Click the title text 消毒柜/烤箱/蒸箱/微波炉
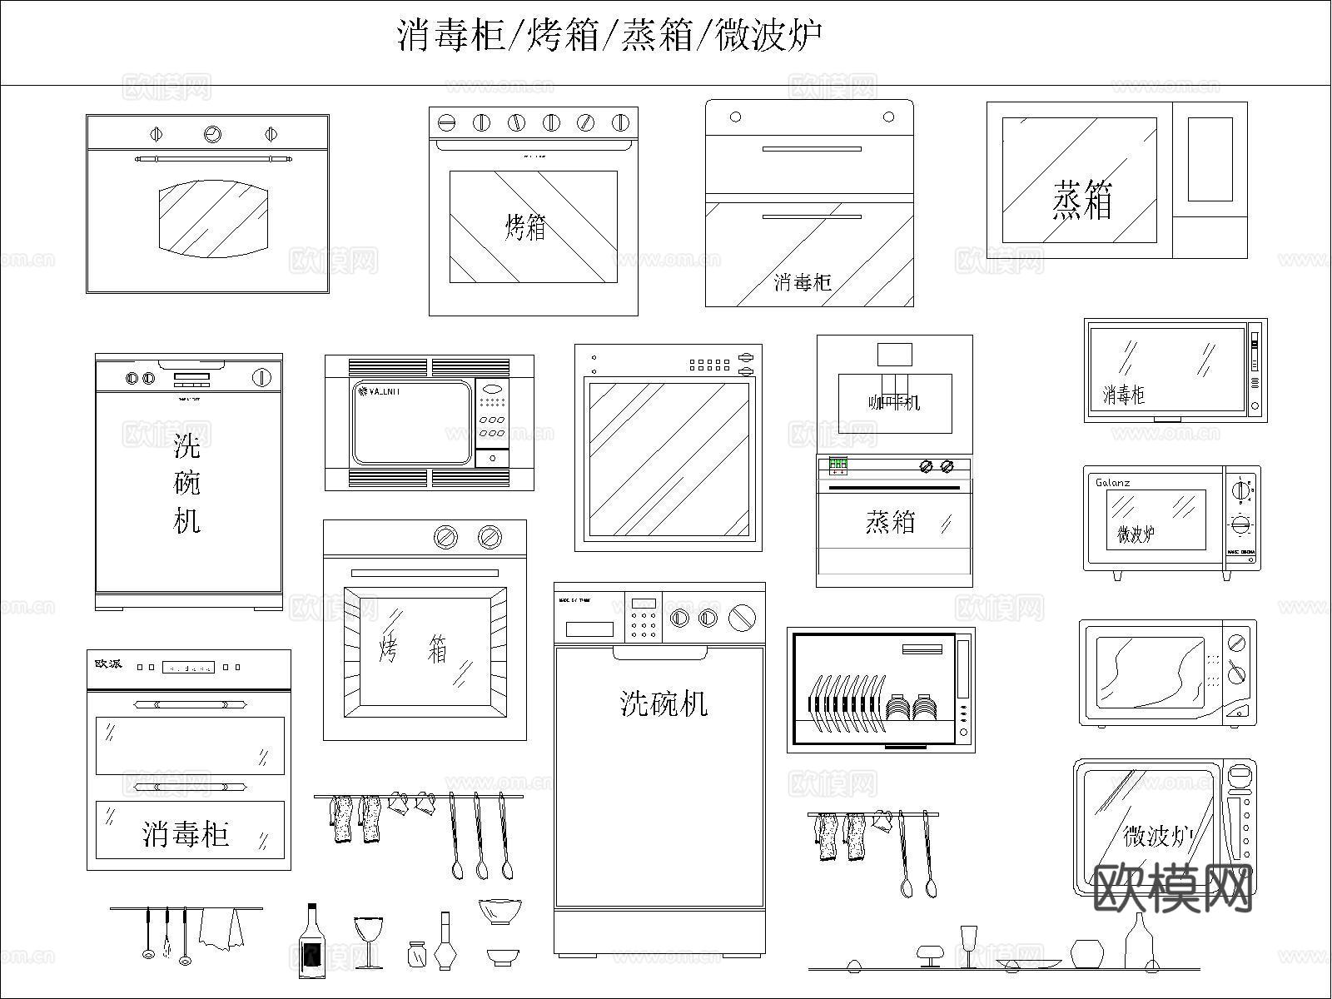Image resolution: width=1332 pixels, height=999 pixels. coord(609,37)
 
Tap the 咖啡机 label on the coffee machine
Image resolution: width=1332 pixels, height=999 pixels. coord(894,403)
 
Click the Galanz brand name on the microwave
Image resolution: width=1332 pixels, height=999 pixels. coord(1112,483)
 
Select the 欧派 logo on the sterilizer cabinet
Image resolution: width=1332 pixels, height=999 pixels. coord(108,664)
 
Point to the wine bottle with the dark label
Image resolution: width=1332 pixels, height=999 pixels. coord(312,942)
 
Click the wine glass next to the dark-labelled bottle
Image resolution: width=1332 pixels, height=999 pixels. coord(368,941)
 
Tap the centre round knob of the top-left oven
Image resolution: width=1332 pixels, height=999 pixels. coord(212,133)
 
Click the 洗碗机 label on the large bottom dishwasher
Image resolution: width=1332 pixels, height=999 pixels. coord(664,704)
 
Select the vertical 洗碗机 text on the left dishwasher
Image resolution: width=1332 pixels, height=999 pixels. coord(187,484)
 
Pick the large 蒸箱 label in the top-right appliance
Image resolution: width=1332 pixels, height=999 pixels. coord(1081,201)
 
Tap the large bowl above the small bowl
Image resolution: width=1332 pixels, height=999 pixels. coord(499,911)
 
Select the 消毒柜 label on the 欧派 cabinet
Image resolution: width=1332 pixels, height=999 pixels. coord(186,833)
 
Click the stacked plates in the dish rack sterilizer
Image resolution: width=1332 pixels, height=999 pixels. coord(914,708)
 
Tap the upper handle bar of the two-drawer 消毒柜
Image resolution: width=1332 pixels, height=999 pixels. coord(812,150)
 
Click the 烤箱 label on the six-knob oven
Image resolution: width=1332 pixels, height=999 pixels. coord(526,226)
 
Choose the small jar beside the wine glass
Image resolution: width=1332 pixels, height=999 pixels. coord(417,954)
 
